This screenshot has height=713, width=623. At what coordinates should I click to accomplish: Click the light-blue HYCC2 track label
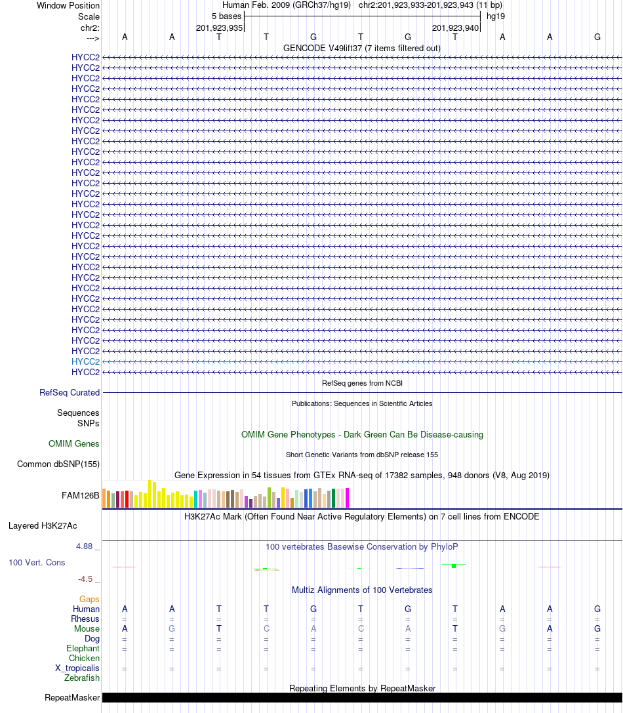pyautogui.click(x=85, y=361)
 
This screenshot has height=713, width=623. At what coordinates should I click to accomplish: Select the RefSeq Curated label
pyautogui.click(x=70, y=392)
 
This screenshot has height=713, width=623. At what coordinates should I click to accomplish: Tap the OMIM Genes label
pyautogui.click(x=74, y=443)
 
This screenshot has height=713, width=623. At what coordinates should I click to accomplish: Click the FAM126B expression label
pyautogui.click(x=81, y=495)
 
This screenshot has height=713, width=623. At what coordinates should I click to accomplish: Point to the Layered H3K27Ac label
pyautogui.click(x=43, y=525)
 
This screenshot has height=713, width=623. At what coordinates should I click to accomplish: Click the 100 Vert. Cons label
pyautogui.click(x=37, y=562)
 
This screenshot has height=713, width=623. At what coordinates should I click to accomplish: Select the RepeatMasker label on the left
pyautogui.click(x=72, y=697)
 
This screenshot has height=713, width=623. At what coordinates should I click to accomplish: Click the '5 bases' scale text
pyautogui.click(x=226, y=16)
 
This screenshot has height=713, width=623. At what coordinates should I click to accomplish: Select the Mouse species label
pyautogui.click(x=87, y=628)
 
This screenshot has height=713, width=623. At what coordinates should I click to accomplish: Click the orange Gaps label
pyautogui.click(x=89, y=599)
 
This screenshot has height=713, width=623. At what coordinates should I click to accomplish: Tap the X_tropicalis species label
pyautogui.click(x=77, y=668)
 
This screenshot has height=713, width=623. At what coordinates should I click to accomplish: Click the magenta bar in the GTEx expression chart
pyautogui.click(x=347, y=498)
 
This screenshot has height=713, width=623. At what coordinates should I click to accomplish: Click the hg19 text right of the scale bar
pyautogui.click(x=495, y=16)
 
